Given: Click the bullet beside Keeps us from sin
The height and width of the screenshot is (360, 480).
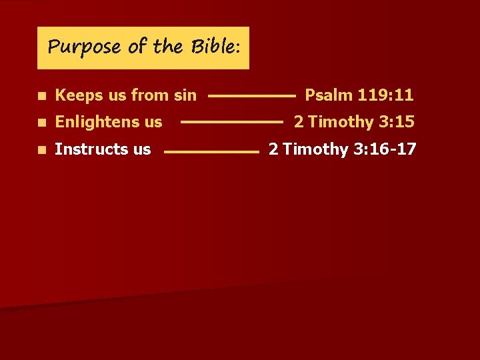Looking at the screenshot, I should tap(42, 96).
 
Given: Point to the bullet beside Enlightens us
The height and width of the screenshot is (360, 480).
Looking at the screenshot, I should tap(42, 123).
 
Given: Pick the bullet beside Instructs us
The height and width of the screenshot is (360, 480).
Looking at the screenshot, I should tap(42, 149).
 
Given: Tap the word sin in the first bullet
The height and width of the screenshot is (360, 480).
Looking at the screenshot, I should tap(185, 95).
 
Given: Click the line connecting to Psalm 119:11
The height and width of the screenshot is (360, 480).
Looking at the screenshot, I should tap(251, 97).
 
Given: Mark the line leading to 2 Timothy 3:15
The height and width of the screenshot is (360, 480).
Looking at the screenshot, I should tap(232, 123).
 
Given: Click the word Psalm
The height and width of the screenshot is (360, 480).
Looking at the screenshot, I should tap(328, 95).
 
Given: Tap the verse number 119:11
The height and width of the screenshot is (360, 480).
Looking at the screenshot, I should tap(385, 95).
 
